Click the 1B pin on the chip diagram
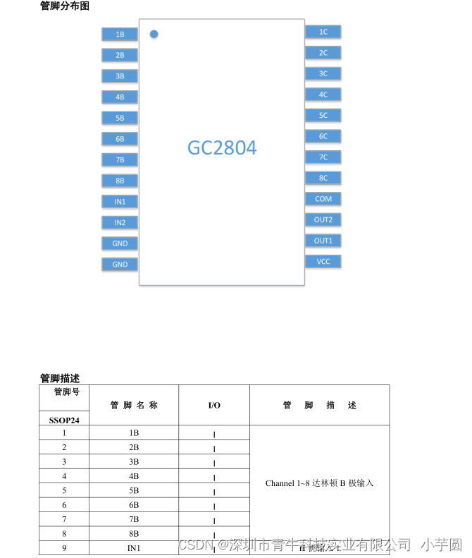(x=120, y=34)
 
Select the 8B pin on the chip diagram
(x=120, y=181)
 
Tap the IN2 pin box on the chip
(x=120, y=222)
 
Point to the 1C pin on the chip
(x=323, y=32)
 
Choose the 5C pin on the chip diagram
(x=323, y=115)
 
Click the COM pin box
(x=323, y=199)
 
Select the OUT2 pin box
(x=323, y=219)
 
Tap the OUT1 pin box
(x=323, y=241)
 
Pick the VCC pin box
(x=323, y=262)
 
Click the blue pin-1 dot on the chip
(x=154, y=33)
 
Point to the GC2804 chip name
(x=222, y=148)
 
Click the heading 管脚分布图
(x=65, y=6)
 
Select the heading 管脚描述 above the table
(x=60, y=378)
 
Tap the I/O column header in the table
(x=214, y=405)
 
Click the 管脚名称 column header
(x=134, y=405)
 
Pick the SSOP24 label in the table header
(x=64, y=419)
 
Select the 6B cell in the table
(x=134, y=505)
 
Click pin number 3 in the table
(x=64, y=462)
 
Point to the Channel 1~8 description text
(x=319, y=483)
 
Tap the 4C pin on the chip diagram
(x=323, y=95)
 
